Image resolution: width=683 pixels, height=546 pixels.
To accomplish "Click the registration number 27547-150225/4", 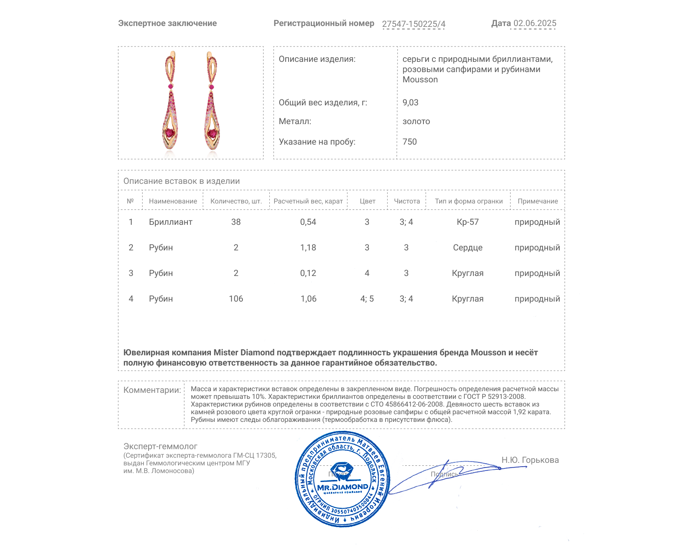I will [x=413, y=24].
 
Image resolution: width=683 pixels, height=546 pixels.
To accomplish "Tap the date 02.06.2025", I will [x=534, y=23].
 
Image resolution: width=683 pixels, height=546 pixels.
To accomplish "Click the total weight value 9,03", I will [x=410, y=102].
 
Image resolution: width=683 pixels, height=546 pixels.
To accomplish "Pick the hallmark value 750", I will [x=409, y=142].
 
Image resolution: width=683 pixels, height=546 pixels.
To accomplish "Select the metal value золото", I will [x=416, y=122].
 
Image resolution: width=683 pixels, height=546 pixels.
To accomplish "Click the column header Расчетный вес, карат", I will [x=308, y=201].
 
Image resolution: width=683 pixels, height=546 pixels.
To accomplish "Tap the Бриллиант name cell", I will [x=171, y=222].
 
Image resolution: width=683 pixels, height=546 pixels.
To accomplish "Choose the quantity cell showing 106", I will [x=236, y=299].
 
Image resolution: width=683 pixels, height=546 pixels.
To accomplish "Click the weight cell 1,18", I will [x=308, y=248].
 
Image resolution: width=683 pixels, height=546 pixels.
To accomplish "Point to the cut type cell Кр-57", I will [x=468, y=222].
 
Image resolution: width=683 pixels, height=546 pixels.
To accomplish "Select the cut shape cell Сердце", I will [x=468, y=248].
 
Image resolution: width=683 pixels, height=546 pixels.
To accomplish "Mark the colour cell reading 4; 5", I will [x=367, y=299].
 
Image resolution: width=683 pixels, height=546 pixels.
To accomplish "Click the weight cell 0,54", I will [x=308, y=222].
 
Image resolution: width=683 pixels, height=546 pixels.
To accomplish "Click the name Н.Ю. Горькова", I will [x=530, y=460].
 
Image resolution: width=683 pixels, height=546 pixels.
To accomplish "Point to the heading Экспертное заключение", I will [x=167, y=23].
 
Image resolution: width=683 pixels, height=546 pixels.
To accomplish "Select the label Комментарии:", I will [x=152, y=390].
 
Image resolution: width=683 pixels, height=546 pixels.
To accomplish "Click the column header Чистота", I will [x=407, y=201].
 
